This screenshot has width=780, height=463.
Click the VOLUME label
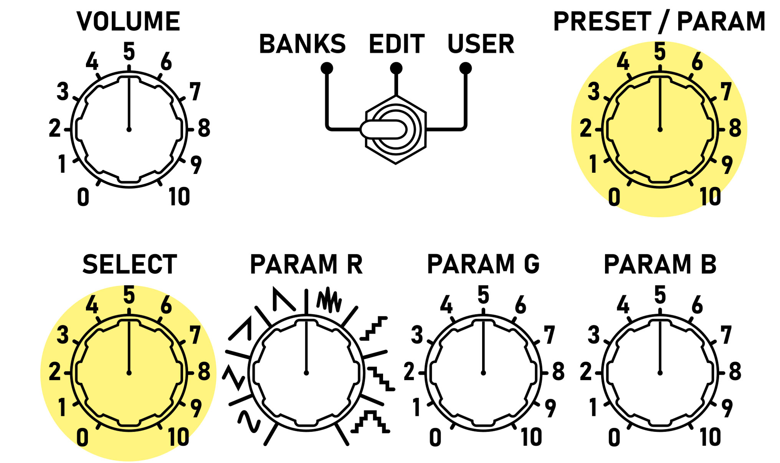click(x=129, y=21)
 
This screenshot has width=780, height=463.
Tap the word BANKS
click(x=302, y=44)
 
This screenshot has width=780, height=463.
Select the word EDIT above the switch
click(x=397, y=44)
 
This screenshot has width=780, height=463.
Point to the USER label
click(x=481, y=44)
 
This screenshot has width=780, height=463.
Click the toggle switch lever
click(x=383, y=129)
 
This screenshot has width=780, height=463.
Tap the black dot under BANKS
click(x=327, y=68)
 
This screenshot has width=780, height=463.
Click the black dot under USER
click(x=465, y=68)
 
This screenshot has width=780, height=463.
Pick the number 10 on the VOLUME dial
click(x=179, y=197)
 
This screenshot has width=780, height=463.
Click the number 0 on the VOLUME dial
click(x=83, y=197)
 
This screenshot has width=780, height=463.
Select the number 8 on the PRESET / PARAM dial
click(x=735, y=128)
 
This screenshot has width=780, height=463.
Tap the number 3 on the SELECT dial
click(x=63, y=335)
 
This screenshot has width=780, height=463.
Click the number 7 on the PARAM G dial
click(x=550, y=335)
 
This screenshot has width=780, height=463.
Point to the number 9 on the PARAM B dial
click(x=727, y=408)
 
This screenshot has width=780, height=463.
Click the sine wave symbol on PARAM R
click(x=249, y=421)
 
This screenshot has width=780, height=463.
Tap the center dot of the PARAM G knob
click(x=483, y=373)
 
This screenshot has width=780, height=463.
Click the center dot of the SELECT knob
click(x=129, y=373)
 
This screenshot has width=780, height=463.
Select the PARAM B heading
click(x=660, y=265)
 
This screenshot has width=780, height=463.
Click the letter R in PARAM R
click(x=355, y=265)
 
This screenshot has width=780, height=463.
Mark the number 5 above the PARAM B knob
click(x=660, y=295)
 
